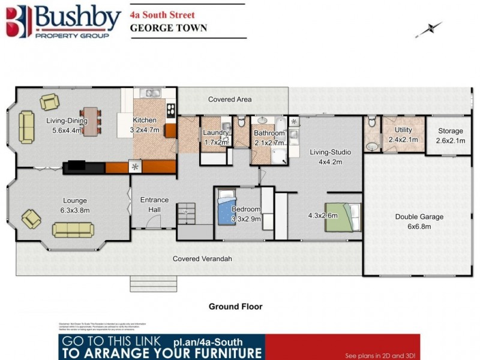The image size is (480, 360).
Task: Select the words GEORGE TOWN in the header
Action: coord(169,28)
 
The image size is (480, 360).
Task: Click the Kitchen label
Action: coord(145,124)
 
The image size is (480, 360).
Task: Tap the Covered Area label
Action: coord(230,99)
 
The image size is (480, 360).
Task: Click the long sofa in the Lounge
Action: coord(73,230)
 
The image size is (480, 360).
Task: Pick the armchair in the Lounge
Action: coord(32,218)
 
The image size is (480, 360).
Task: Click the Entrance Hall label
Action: coord(154,205)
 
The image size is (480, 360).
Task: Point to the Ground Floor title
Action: coord(235,307)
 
